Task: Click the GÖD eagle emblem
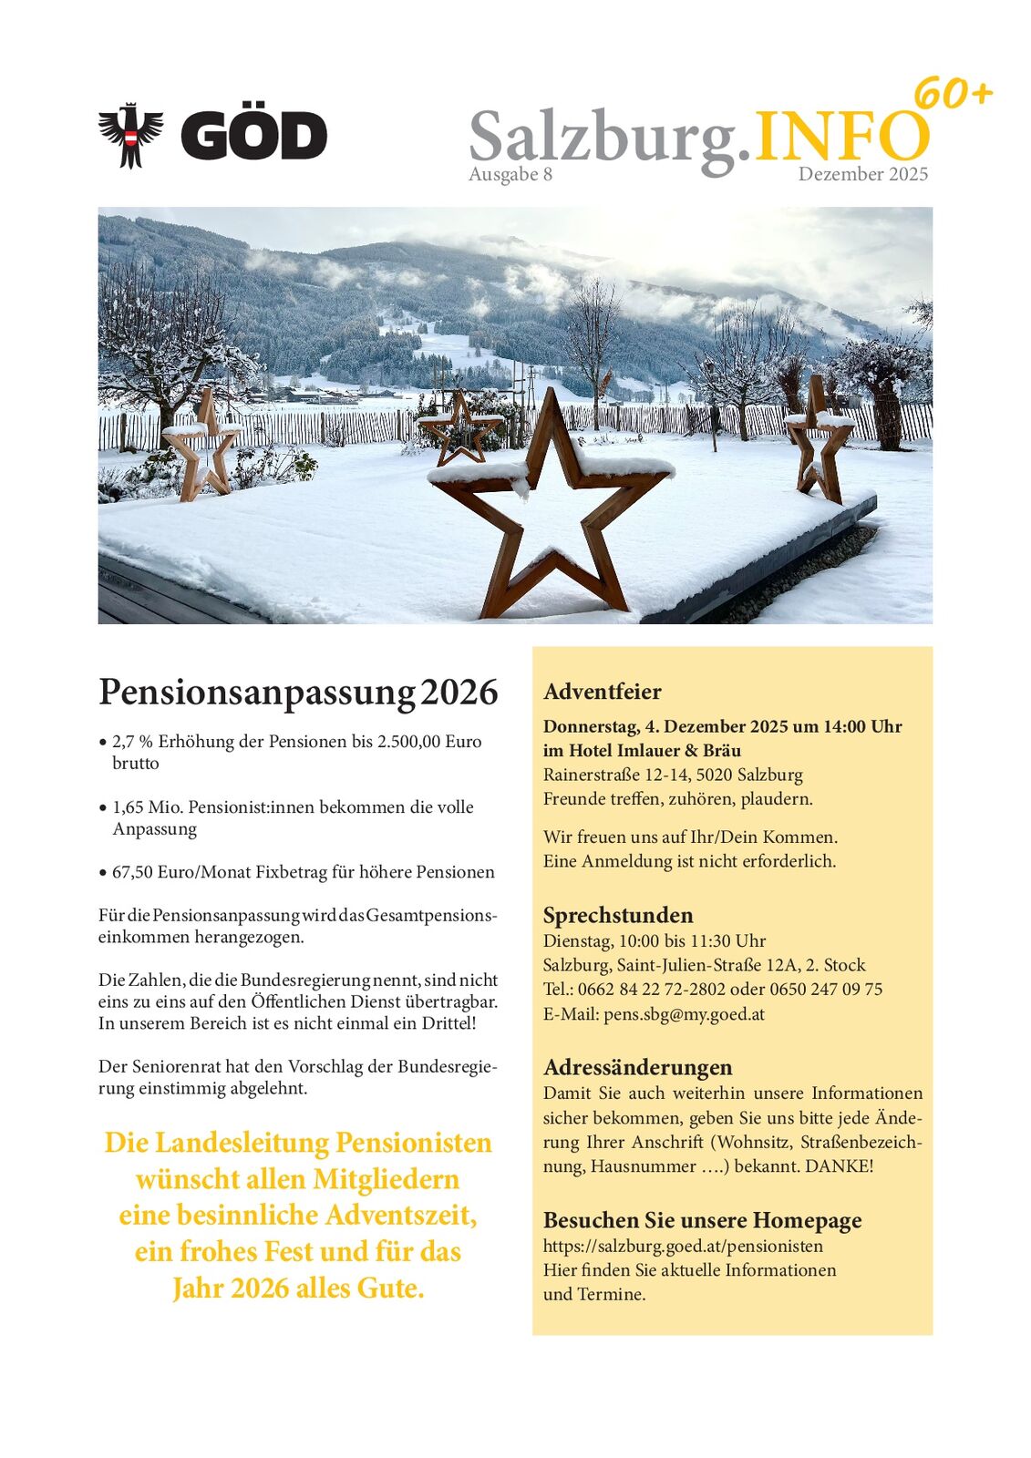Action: [x=130, y=136]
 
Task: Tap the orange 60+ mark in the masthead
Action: [x=952, y=94]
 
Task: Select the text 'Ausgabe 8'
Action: [x=510, y=174]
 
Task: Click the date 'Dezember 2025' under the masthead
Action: [x=862, y=174]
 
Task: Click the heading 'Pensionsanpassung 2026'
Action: [x=298, y=692]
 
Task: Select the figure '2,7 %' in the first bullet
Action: [x=132, y=741]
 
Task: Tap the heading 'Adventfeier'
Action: [x=602, y=692]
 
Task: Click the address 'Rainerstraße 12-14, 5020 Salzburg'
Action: [x=673, y=775]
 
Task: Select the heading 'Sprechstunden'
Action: [x=617, y=915]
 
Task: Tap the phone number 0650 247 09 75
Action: [x=826, y=989]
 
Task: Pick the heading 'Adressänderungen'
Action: [x=637, y=1067]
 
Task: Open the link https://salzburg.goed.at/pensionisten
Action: [x=683, y=1246]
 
